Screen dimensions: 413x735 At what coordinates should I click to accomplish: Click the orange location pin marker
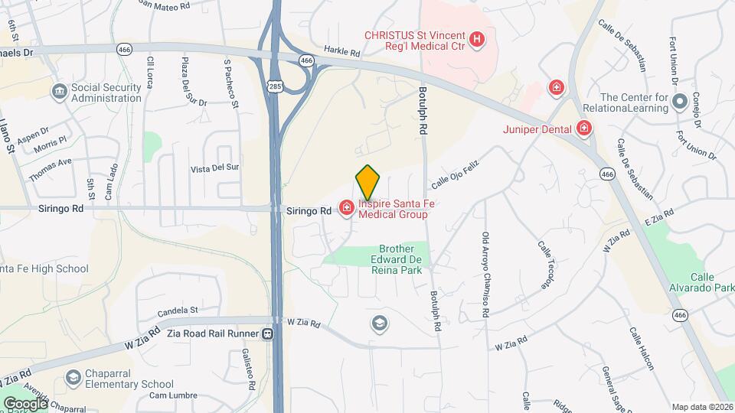pos(368,182)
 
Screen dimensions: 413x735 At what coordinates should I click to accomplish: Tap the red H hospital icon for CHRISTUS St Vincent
pos(478,38)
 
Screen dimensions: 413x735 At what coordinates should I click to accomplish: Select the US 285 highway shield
pos(275,86)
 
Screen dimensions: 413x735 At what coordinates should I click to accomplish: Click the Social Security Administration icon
pos(60,93)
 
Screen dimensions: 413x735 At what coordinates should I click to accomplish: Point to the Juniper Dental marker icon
pos(585,128)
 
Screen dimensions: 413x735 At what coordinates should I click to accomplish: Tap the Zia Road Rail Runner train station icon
pos(267,333)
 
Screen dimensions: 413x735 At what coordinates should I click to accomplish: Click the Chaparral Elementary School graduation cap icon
pos(73,378)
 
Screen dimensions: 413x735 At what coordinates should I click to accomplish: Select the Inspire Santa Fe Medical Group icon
pos(346,206)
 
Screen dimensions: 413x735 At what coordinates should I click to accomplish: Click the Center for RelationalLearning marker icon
pos(679,102)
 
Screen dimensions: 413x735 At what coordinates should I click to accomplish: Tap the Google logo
pos(25,403)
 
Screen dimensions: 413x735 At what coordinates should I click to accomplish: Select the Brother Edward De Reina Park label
pos(397,259)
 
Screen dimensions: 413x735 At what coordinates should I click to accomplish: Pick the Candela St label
pos(178,311)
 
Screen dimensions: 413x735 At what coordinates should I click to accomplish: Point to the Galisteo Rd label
pos(247,369)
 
